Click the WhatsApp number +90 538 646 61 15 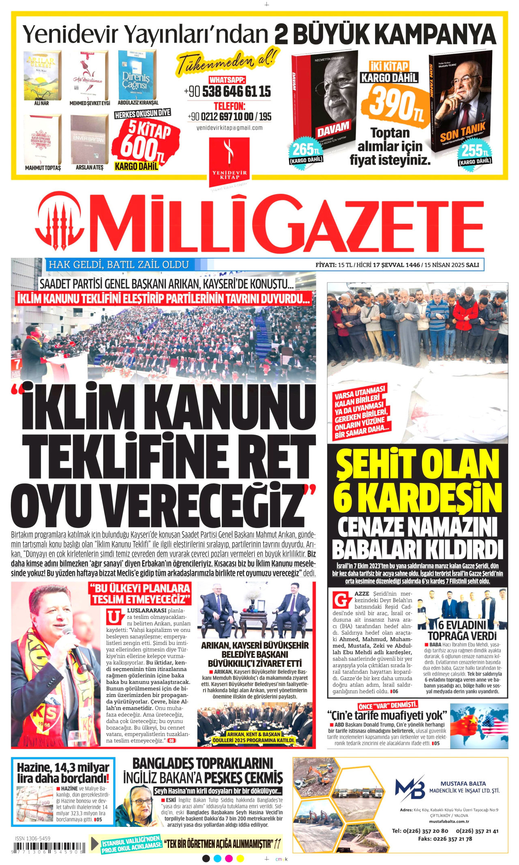click(227, 92)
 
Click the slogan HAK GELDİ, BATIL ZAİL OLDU click(119, 265)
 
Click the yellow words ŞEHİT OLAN click(417, 464)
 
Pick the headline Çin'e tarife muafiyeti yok click(387, 715)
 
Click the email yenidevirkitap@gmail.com click(229, 128)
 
